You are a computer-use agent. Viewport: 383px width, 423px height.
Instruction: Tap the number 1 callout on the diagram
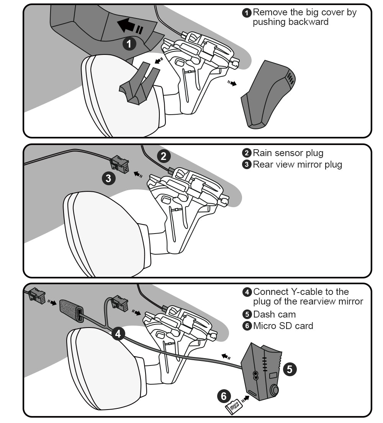point(129,44)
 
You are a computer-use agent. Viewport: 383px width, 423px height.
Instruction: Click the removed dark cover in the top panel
point(268,94)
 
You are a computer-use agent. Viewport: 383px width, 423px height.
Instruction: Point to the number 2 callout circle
point(164,156)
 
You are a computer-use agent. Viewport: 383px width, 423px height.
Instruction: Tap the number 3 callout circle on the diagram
point(108,178)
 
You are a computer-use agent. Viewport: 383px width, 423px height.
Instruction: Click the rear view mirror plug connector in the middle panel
point(119,164)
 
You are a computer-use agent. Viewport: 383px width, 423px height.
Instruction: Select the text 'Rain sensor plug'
point(288,153)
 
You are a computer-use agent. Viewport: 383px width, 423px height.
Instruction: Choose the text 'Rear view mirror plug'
point(297,165)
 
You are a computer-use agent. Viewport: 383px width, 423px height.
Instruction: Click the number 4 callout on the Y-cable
point(118,334)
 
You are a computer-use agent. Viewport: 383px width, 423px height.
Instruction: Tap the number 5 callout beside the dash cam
point(290,369)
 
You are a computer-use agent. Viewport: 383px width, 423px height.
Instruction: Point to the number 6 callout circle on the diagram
point(224,396)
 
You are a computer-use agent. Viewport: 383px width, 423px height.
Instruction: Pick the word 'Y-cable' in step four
point(301,292)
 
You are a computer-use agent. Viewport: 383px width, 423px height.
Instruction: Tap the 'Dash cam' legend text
point(275,314)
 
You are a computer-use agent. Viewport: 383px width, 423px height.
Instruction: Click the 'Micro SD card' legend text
point(283,326)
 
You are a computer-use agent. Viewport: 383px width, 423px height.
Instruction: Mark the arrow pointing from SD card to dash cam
point(245,399)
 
